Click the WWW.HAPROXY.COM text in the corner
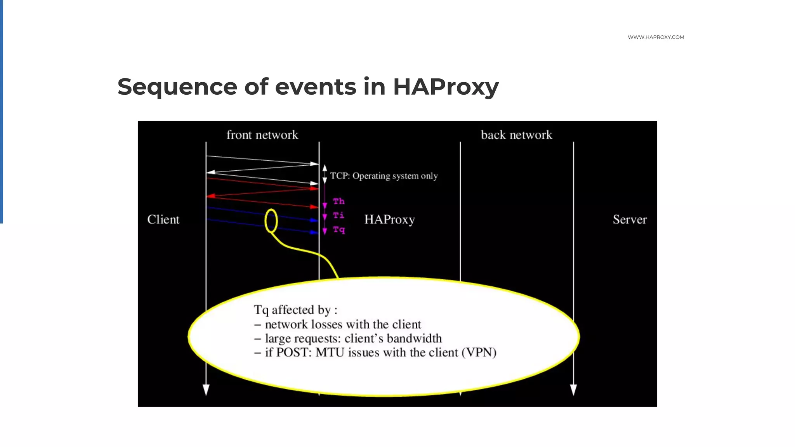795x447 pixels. click(x=656, y=37)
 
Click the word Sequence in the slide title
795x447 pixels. click(x=177, y=87)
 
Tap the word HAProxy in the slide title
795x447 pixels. click(x=445, y=87)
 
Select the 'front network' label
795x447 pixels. click(x=262, y=135)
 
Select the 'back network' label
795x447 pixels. click(x=516, y=135)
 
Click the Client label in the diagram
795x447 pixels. click(x=163, y=220)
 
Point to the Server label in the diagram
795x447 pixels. click(x=630, y=220)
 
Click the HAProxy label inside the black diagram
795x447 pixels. click(x=389, y=220)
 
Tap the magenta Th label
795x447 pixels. click(x=338, y=201)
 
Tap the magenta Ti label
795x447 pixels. click(x=338, y=215)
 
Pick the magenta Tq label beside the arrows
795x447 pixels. click(x=339, y=230)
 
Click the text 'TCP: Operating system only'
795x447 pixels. click(x=384, y=176)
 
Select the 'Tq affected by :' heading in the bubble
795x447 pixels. click(x=295, y=310)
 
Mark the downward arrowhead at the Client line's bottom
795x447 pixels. click(x=206, y=390)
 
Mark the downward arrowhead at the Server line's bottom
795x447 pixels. click(x=573, y=390)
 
